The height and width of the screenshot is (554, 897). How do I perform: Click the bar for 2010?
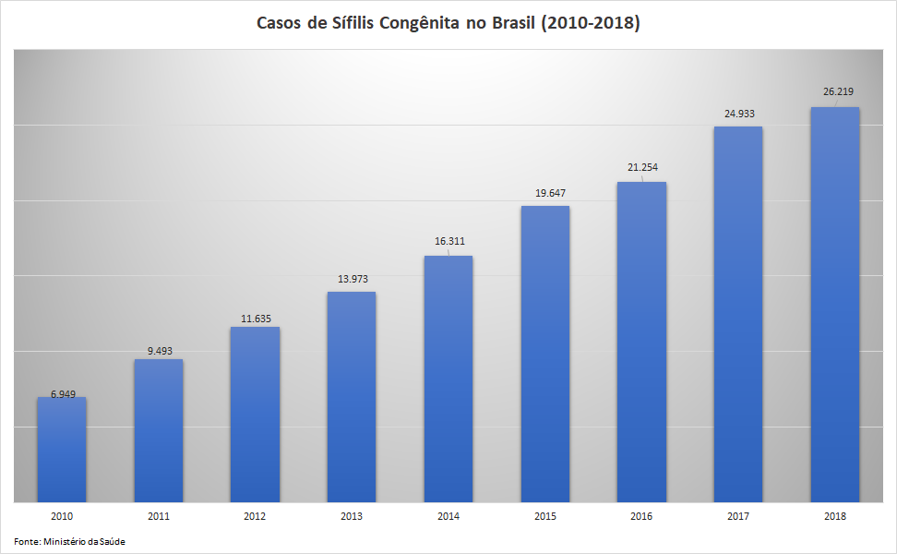pyautogui.click(x=62, y=450)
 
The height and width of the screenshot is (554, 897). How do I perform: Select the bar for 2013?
pyautogui.click(x=352, y=397)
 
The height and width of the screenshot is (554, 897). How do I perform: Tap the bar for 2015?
pyautogui.click(x=544, y=354)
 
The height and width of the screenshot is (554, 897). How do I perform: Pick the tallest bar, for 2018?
pyautogui.click(x=834, y=305)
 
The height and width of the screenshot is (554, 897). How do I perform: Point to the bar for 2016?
pyautogui.click(x=641, y=342)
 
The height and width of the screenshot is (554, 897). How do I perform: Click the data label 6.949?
pyautogui.click(x=63, y=394)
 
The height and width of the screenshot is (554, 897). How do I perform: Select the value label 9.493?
pyautogui.click(x=159, y=351)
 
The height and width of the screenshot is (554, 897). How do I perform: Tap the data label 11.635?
pyautogui.click(x=255, y=319)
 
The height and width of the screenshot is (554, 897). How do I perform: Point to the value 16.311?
pyautogui.click(x=449, y=241)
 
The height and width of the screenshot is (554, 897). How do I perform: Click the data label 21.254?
pyautogui.click(x=642, y=167)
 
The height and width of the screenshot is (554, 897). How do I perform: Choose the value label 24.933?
pyautogui.click(x=738, y=114)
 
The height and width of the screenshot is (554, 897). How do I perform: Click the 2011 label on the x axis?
pyautogui.click(x=159, y=517)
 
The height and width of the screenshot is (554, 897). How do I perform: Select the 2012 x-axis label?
pyautogui.click(x=255, y=517)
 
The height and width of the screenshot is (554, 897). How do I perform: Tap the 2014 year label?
pyautogui.click(x=448, y=517)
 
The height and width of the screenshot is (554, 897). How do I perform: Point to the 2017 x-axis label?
pyautogui.click(x=738, y=517)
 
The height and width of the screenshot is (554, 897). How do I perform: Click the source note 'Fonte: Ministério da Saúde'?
pyautogui.click(x=69, y=541)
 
